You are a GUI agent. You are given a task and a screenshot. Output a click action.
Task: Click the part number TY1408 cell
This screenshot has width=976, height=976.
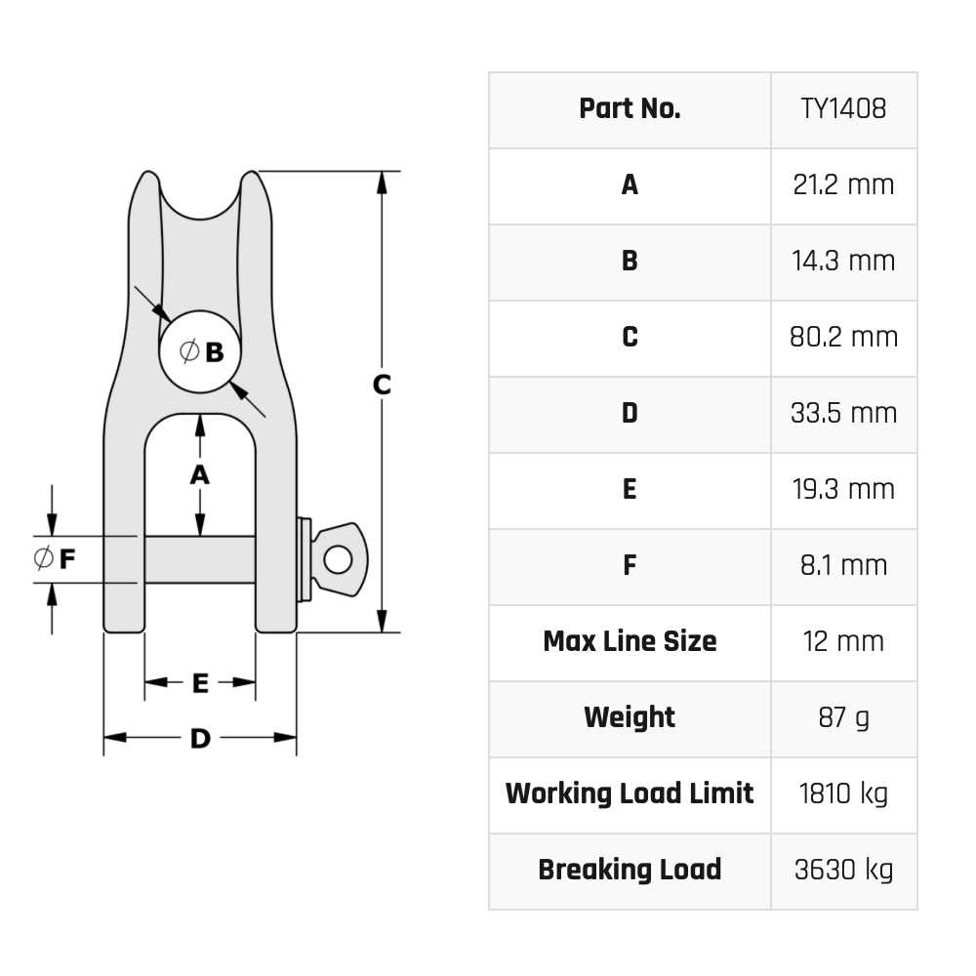843,108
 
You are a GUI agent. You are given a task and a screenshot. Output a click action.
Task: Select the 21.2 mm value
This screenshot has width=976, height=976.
843,184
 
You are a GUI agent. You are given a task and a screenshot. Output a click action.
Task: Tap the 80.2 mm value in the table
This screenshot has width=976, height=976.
843,337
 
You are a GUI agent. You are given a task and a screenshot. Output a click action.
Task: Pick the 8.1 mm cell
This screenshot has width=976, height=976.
843,565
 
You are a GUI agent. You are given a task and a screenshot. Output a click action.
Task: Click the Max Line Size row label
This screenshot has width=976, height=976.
630,641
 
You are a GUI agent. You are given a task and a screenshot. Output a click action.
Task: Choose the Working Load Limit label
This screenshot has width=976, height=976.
630,793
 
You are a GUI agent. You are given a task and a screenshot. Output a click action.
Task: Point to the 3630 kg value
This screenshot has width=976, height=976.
843,870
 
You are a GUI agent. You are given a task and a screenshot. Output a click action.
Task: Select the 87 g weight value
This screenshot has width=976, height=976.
843,717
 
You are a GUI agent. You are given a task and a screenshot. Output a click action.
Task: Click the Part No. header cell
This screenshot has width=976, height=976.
630,108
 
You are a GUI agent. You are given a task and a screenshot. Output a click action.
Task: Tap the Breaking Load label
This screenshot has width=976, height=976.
630,870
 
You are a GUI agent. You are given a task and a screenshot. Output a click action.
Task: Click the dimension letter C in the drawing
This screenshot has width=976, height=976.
382,385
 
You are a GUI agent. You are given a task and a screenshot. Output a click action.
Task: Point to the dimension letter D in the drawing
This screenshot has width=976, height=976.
200,739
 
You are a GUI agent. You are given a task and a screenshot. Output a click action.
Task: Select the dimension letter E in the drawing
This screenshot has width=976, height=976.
200,683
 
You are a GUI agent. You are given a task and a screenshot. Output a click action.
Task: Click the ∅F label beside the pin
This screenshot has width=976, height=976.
56,559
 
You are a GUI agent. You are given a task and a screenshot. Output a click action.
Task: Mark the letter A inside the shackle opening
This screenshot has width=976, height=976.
200,474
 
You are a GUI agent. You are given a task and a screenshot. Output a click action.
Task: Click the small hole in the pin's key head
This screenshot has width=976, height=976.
338,559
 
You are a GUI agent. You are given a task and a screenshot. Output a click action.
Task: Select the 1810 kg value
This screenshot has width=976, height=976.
843,793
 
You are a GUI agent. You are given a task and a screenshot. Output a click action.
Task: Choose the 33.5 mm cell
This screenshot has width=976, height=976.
843,413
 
